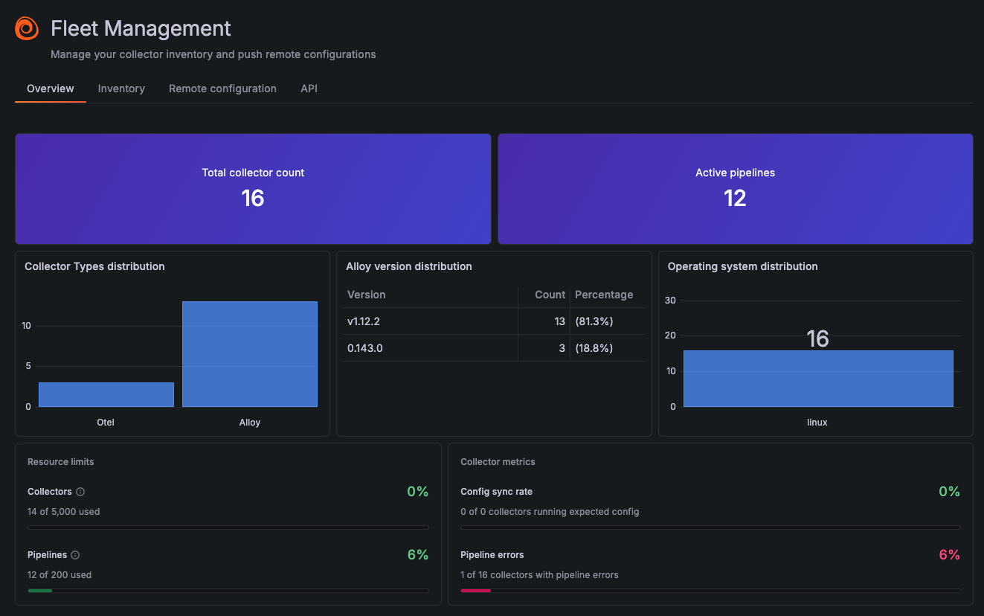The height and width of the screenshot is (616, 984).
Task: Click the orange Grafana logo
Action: click(x=27, y=28)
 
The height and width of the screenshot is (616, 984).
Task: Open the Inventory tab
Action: click(x=121, y=89)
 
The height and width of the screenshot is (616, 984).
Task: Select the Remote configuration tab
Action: click(x=222, y=89)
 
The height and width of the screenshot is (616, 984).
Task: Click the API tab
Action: click(x=309, y=89)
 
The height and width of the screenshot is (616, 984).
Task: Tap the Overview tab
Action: click(x=51, y=89)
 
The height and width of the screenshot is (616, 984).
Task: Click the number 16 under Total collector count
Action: click(x=253, y=198)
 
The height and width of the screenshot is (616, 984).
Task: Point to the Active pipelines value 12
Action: click(x=735, y=198)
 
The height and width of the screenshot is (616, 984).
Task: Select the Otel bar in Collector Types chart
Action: click(x=106, y=394)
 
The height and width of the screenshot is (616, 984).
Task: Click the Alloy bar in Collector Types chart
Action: click(x=250, y=354)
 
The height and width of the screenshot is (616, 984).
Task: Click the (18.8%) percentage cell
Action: click(x=594, y=348)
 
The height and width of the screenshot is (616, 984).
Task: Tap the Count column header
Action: click(x=550, y=295)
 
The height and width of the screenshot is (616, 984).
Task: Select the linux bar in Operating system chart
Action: click(x=817, y=379)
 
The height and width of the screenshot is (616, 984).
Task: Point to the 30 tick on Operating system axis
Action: click(x=670, y=301)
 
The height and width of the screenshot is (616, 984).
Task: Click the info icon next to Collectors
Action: click(x=80, y=492)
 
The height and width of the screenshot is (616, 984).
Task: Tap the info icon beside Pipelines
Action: click(x=75, y=555)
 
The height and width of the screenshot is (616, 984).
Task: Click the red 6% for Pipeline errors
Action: click(x=949, y=555)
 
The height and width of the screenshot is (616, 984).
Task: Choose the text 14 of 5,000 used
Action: click(x=64, y=512)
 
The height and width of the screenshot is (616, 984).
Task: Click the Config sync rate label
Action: click(x=496, y=492)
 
